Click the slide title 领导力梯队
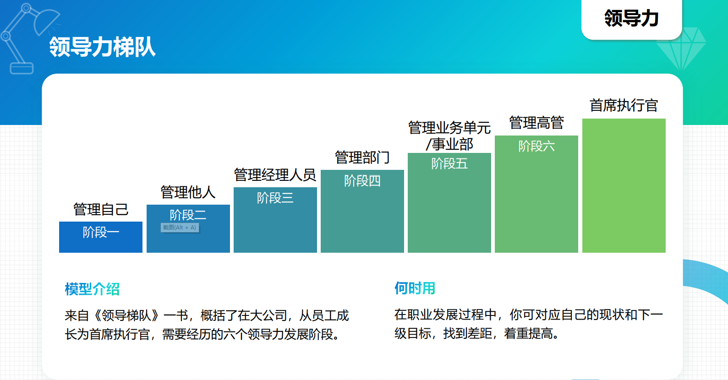click(102, 47)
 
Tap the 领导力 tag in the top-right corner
click(631, 18)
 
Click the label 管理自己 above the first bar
click(101, 209)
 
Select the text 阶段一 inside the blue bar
click(101, 232)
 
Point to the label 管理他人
click(188, 192)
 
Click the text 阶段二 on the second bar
click(188, 215)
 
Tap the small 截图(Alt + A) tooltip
click(180, 228)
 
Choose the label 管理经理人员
click(275, 175)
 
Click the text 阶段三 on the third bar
click(275, 198)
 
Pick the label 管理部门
click(362, 157)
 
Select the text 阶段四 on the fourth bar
click(362, 180)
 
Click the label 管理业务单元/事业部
click(449, 136)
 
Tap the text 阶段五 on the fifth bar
click(449, 163)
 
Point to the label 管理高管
click(536, 123)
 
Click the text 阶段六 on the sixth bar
click(536, 146)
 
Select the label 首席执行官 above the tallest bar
click(624, 106)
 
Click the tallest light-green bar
click(624, 185)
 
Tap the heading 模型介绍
click(92, 289)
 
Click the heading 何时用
click(415, 288)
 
